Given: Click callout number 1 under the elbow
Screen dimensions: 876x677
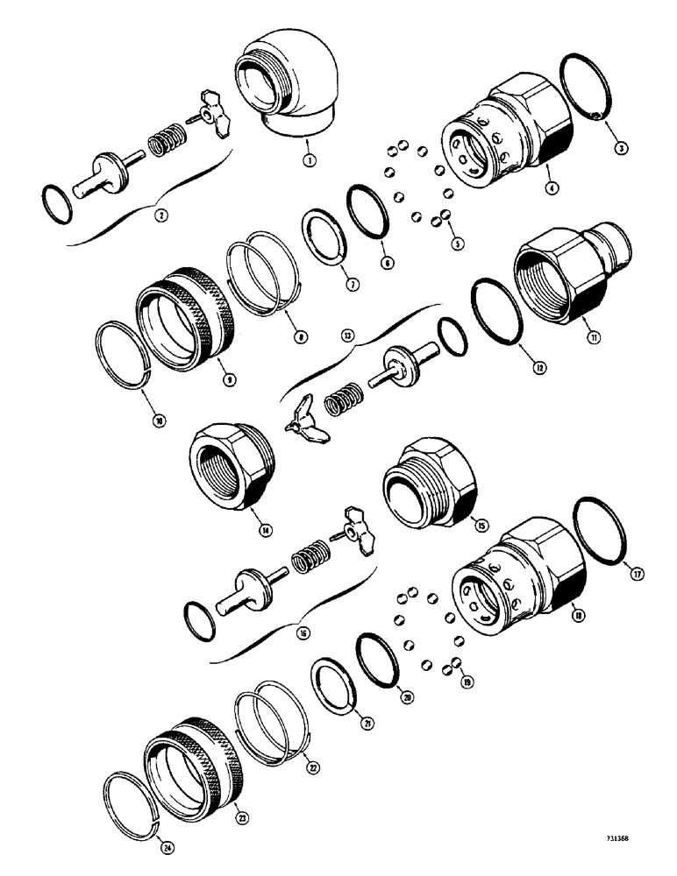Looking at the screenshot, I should click(307, 161).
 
